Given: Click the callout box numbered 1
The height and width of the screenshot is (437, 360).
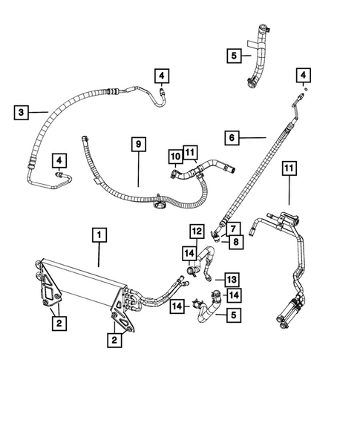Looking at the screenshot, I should pos(99,235).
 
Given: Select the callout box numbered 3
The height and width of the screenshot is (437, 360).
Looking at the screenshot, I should pos(22,112).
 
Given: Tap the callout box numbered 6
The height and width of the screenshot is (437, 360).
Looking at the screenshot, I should pos(233,137).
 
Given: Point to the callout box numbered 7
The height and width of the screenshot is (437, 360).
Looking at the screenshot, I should pos(232,227).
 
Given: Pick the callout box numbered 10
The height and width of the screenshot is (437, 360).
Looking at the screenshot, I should pos(176,157).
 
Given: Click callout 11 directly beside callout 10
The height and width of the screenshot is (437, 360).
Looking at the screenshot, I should pos(192,154).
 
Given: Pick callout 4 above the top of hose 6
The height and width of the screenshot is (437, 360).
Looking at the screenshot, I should pos(304,75).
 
